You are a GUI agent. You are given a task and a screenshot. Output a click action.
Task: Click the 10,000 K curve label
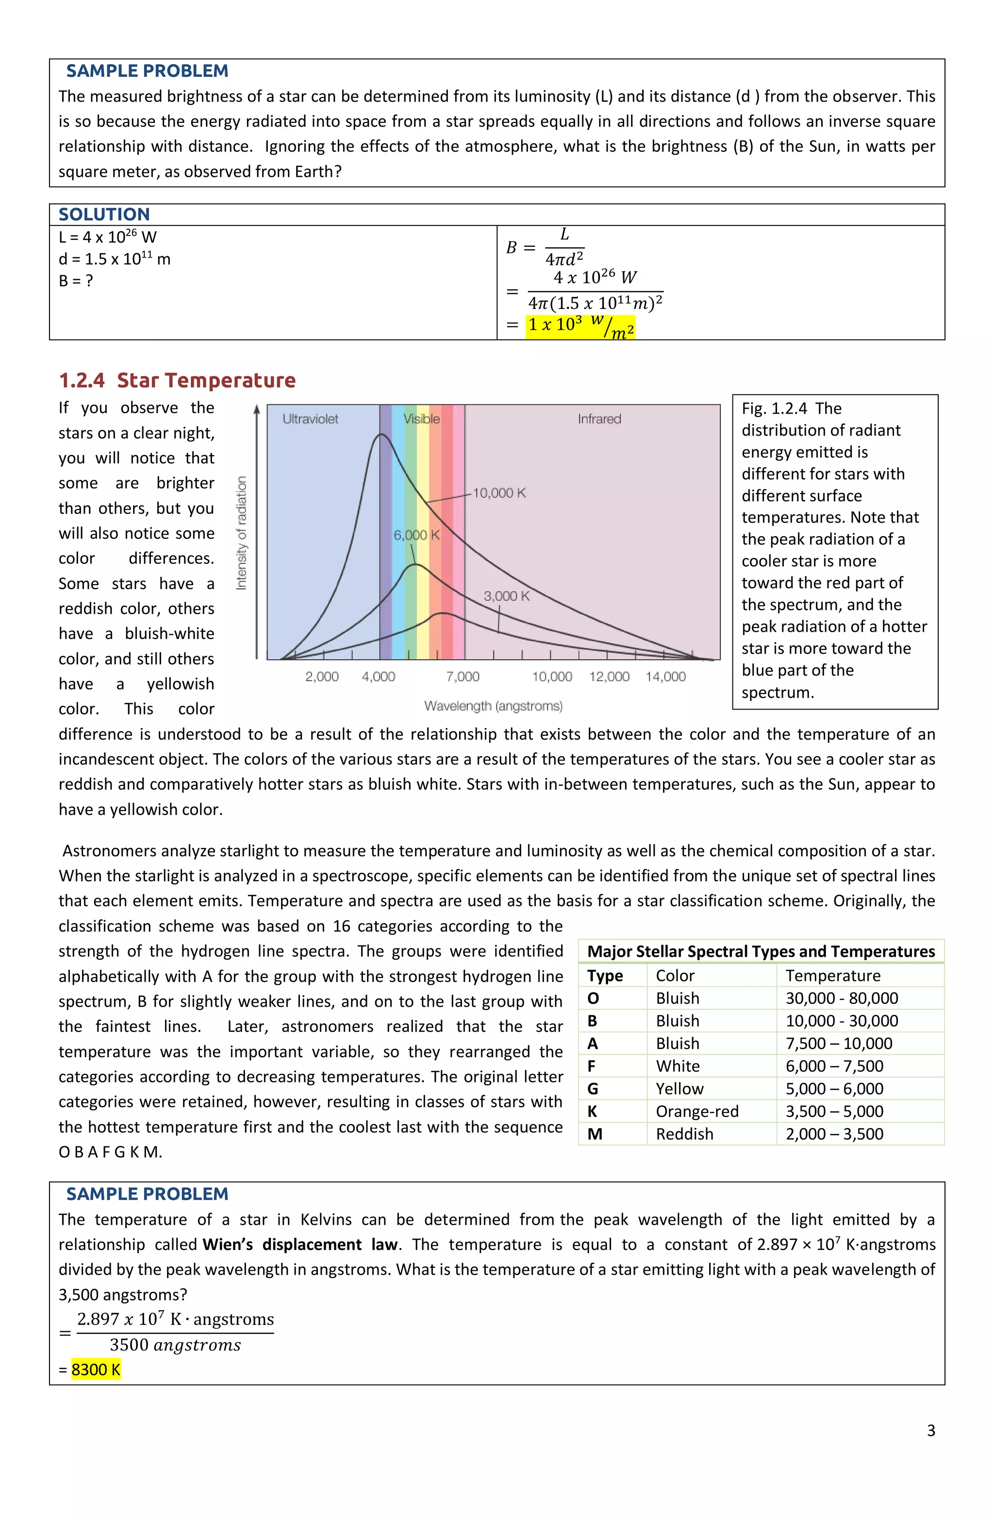click(x=499, y=493)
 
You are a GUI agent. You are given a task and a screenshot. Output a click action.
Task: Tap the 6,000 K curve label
click(x=416, y=535)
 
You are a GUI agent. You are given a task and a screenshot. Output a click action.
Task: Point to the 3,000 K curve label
click(x=506, y=595)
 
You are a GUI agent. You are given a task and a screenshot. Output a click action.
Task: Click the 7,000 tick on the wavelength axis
click(x=463, y=676)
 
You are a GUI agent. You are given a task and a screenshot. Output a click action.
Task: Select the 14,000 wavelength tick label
click(x=665, y=676)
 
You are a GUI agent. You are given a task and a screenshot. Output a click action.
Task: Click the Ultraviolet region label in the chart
click(x=311, y=419)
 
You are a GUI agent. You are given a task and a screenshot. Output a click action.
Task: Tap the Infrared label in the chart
click(x=599, y=419)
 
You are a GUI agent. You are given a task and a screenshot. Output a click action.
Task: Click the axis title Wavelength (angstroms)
click(x=493, y=706)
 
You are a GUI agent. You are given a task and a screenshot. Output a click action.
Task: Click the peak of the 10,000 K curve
click(x=381, y=435)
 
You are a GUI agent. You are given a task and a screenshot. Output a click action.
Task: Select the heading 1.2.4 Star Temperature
click(x=177, y=380)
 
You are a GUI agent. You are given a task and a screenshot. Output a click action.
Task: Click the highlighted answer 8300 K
click(x=96, y=1369)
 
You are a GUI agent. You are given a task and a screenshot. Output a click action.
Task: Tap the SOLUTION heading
click(x=104, y=214)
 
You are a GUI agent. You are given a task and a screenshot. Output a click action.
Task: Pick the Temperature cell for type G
click(x=834, y=1088)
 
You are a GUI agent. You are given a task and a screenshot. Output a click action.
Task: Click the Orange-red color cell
click(x=697, y=1111)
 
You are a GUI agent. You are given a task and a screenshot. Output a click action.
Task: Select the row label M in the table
click(x=595, y=1134)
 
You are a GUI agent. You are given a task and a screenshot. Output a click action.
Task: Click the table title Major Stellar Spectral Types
click(x=760, y=951)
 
